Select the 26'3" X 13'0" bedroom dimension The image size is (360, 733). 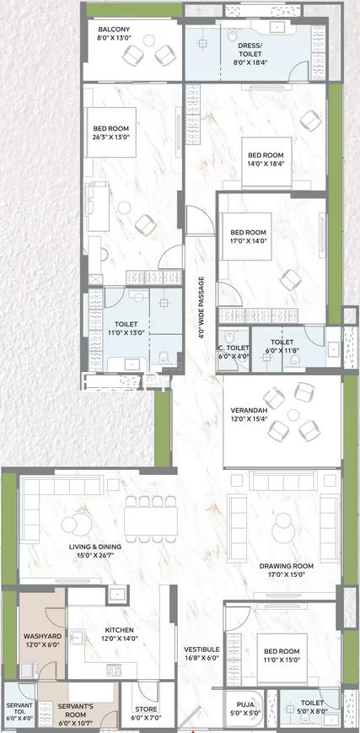point(110,137)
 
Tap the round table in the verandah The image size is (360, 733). point(293,415)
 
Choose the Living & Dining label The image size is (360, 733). point(95,547)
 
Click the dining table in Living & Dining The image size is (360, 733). point(151,520)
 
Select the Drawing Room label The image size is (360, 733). point(287,566)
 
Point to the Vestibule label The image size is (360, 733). point(201,649)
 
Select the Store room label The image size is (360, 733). point(146,709)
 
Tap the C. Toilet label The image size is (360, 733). point(234,348)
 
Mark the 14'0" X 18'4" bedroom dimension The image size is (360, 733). point(266,164)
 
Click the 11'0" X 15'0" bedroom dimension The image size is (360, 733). point(282,660)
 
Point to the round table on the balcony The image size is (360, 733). point(149,40)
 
